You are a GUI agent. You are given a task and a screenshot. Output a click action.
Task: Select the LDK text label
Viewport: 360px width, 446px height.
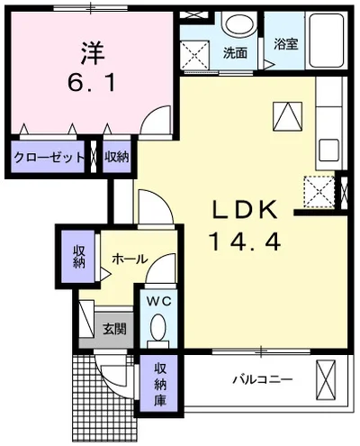(241, 209)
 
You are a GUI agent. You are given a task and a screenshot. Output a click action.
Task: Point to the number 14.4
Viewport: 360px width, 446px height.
(242, 241)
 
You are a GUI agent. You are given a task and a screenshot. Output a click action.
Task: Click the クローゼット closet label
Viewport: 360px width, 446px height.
(49, 157)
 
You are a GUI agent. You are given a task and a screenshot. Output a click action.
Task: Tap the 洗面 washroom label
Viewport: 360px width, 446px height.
(235, 52)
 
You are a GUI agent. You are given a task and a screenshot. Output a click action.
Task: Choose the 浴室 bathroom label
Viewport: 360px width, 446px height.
(285, 43)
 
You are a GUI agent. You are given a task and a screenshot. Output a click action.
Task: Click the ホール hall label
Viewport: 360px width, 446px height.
(130, 259)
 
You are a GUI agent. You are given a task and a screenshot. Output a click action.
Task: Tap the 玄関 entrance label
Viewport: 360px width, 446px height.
(113, 329)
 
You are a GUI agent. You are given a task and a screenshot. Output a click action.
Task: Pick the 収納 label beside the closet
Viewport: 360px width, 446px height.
(116, 157)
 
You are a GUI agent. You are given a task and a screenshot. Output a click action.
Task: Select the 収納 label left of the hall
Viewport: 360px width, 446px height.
(78, 257)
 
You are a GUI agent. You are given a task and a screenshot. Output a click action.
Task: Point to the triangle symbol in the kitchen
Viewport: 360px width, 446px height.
(287, 116)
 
